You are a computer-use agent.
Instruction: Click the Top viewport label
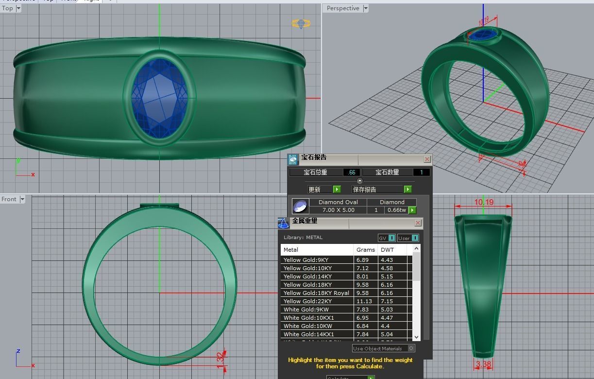click(7, 8)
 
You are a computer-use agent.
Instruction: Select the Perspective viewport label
click(343, 8)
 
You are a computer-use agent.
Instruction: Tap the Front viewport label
click(9, 199)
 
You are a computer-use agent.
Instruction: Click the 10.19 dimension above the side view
click(484, 202)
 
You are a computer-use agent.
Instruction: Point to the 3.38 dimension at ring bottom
click(483, 364)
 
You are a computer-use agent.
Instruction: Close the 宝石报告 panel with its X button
click(427, 159)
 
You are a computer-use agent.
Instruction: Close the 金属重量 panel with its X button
click(418, 223)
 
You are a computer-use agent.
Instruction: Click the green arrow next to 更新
click(337, 189)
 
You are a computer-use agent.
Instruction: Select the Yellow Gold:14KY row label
click(308, 276)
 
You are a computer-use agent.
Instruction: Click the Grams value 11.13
click(364, 301)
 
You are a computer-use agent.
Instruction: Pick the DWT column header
click(387, 250)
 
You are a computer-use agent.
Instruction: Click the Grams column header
click(365, 250)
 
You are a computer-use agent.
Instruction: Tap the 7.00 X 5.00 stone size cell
click(338, 210)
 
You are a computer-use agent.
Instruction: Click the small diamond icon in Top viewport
click(301, 23)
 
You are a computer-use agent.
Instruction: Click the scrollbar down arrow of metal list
click(416, 337)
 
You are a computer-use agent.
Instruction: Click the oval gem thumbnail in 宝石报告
click(300, 206)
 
